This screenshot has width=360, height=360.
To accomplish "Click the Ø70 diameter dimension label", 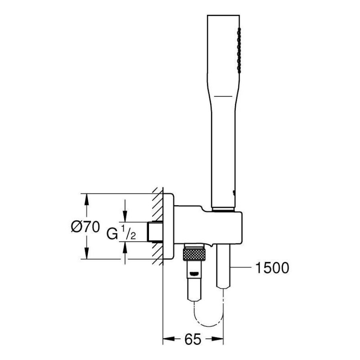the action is tap(85, 227).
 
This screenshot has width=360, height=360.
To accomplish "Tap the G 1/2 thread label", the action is tap(121, 233).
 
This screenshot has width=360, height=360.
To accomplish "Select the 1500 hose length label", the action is tap(272, 268).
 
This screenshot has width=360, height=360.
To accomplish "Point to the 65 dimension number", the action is tap(193, 339).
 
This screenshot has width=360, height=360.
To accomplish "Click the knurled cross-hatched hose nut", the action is tap(194, 254).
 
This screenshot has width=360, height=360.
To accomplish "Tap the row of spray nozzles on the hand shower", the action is tap(239, 50).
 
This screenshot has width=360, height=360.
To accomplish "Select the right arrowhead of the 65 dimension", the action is tap(217, 339).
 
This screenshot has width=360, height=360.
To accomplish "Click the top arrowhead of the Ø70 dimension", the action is tap(86, 200).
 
